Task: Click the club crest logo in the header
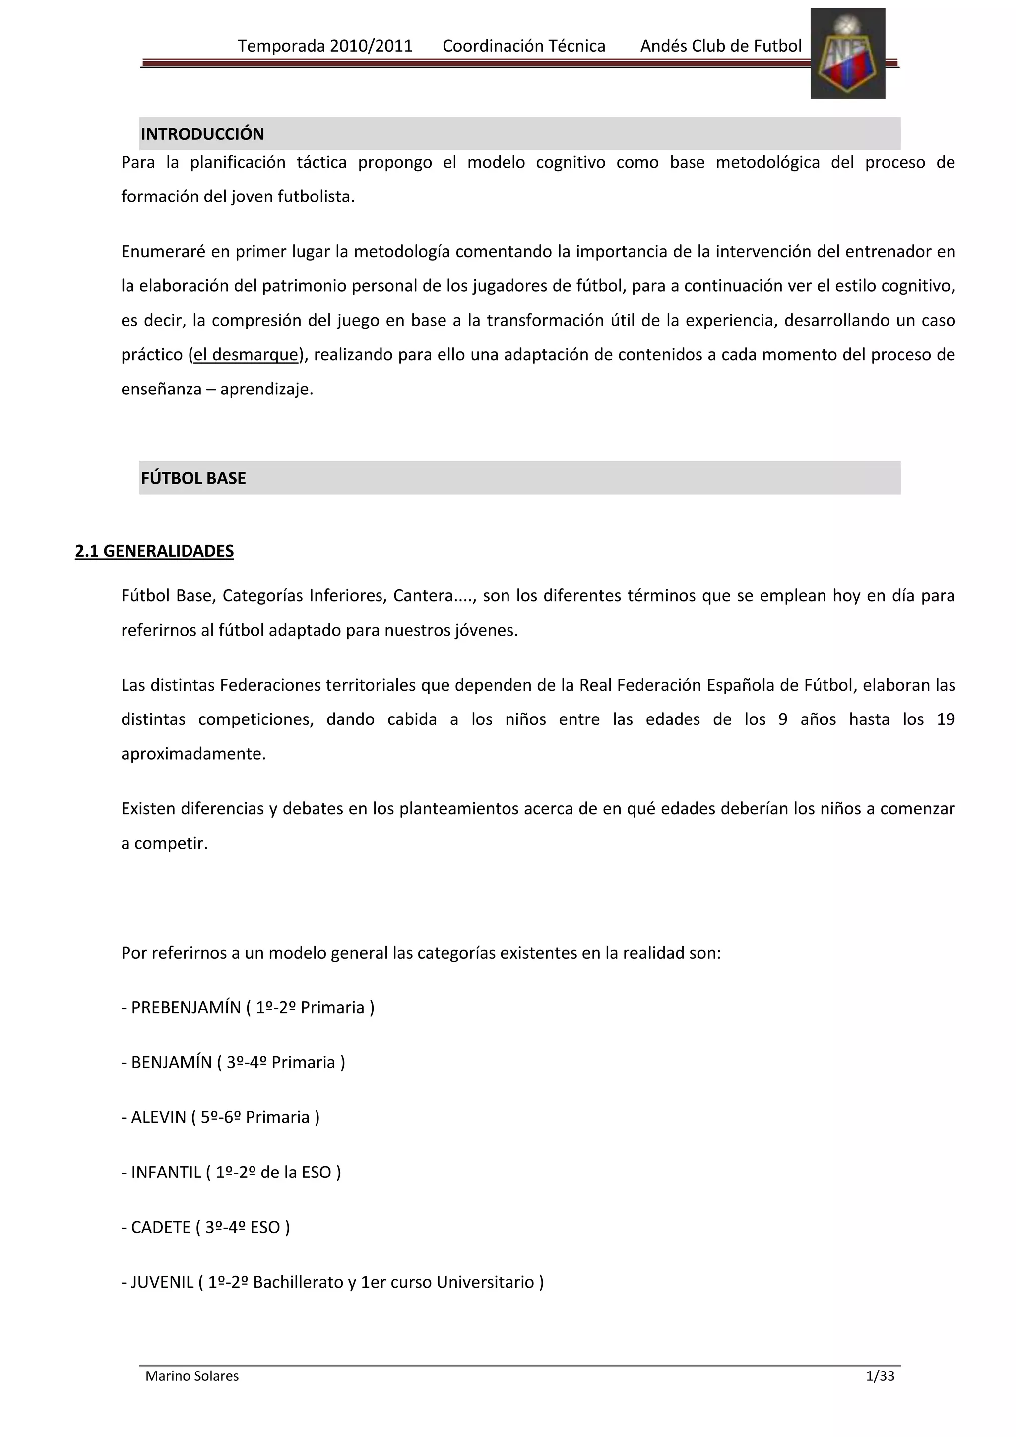click(x=847, y=54)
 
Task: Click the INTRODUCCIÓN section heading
click(x=202, y=134)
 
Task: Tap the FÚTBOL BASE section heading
click(x=193, y=478)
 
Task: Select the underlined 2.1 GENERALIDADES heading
click(x=154, y=551)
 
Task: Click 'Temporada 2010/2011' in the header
click(x=325, y=46)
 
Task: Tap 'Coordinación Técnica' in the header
click(x=524, y=46)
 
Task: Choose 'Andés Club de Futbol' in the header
click(x=721, y=46)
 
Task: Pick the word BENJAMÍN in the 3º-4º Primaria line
click(x=172, y=1063)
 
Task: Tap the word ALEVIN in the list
click(x=159, y=1118)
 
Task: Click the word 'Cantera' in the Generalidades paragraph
click(x=422, y=595)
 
